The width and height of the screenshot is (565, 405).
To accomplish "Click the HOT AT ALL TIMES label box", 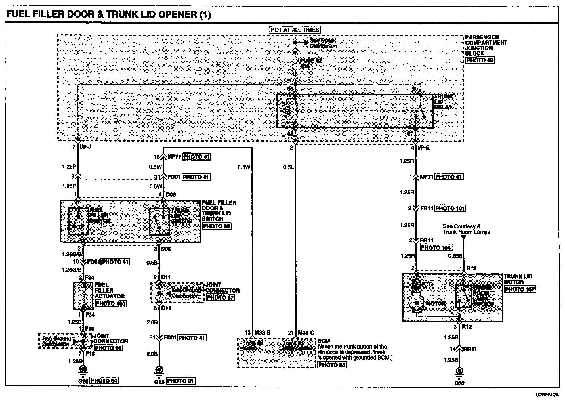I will pos(295,30).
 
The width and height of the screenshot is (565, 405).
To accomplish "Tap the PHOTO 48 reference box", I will pos(480,60).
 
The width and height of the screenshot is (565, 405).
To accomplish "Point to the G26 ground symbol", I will pos(83,370).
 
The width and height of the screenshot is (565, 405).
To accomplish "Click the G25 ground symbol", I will pos(159,370).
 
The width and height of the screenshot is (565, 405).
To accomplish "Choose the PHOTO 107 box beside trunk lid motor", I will pos(520,289).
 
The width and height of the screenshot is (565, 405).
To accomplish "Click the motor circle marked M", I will pos(416,303).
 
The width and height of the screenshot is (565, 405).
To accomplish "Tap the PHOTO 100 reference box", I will pos(110,303).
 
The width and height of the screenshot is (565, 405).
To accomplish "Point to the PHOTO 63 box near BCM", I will pos(332,365).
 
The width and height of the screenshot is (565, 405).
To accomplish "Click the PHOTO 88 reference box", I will pos(216,226).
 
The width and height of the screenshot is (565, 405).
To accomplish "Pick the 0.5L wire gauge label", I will pos(288,167).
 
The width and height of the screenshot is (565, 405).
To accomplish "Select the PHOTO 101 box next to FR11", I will pos(450,208).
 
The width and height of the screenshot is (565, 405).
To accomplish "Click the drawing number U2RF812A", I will pos(546,395).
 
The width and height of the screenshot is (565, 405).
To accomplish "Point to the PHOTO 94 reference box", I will pos(104,381).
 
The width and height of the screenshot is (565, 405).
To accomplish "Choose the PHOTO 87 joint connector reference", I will pos(220,298).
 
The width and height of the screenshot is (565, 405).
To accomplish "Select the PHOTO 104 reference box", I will pos(436,248).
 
